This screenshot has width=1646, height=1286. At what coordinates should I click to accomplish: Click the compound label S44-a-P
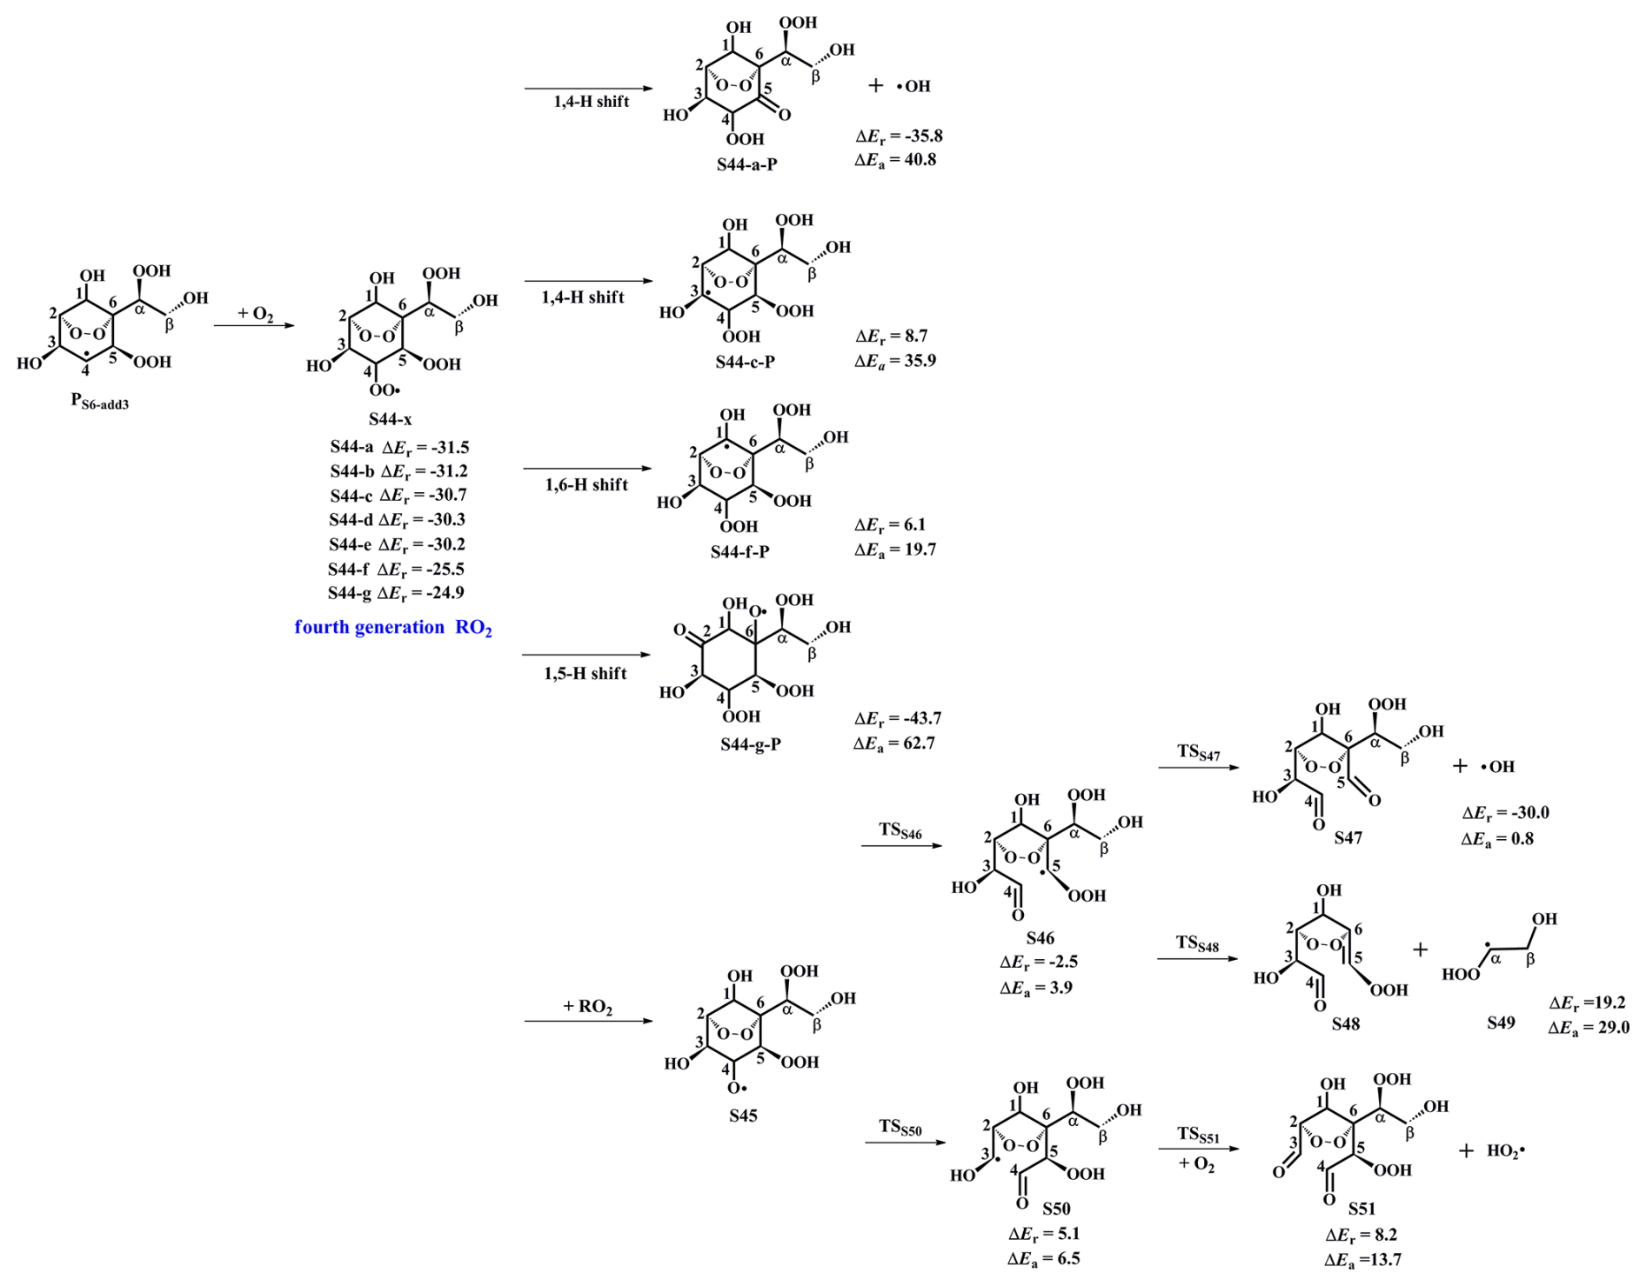click(x=746, y=164)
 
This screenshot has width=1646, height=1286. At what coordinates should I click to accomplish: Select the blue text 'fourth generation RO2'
click(x=393, y=628)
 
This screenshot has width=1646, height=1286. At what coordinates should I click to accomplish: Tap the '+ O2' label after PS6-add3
click(x=255, y=314)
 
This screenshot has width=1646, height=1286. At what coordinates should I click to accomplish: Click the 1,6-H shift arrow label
click(x=586, y=484)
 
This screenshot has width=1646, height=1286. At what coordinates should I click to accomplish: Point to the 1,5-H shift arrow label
click(x=585, y=673)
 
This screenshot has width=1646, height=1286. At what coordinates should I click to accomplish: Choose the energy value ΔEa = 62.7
click(x=894, y=743)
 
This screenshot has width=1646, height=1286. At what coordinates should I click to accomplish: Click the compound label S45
click(x=743, y=1116)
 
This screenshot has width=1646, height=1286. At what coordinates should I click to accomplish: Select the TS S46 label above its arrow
click(x=900, y=830)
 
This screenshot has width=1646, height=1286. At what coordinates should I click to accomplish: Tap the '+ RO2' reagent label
click(x=588, y=1007)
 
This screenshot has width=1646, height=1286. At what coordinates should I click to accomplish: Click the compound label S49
click(x=1501, y=1023)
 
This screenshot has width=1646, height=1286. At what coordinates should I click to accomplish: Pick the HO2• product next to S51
click(x=1506, y=1151)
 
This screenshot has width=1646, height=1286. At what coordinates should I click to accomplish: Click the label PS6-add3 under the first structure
click(x=99, y=402)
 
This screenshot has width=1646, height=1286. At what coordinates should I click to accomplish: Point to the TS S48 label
click(x=1197, y=943)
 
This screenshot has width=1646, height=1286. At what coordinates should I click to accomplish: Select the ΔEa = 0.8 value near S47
click(x=1497, y=839)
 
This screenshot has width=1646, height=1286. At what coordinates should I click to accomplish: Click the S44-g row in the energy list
click(x=396, y=593)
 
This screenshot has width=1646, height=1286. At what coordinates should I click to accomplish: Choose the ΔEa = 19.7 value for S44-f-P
click(x=894, y=550)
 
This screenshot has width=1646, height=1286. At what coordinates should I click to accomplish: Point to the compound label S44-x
click(x=390, y=419)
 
